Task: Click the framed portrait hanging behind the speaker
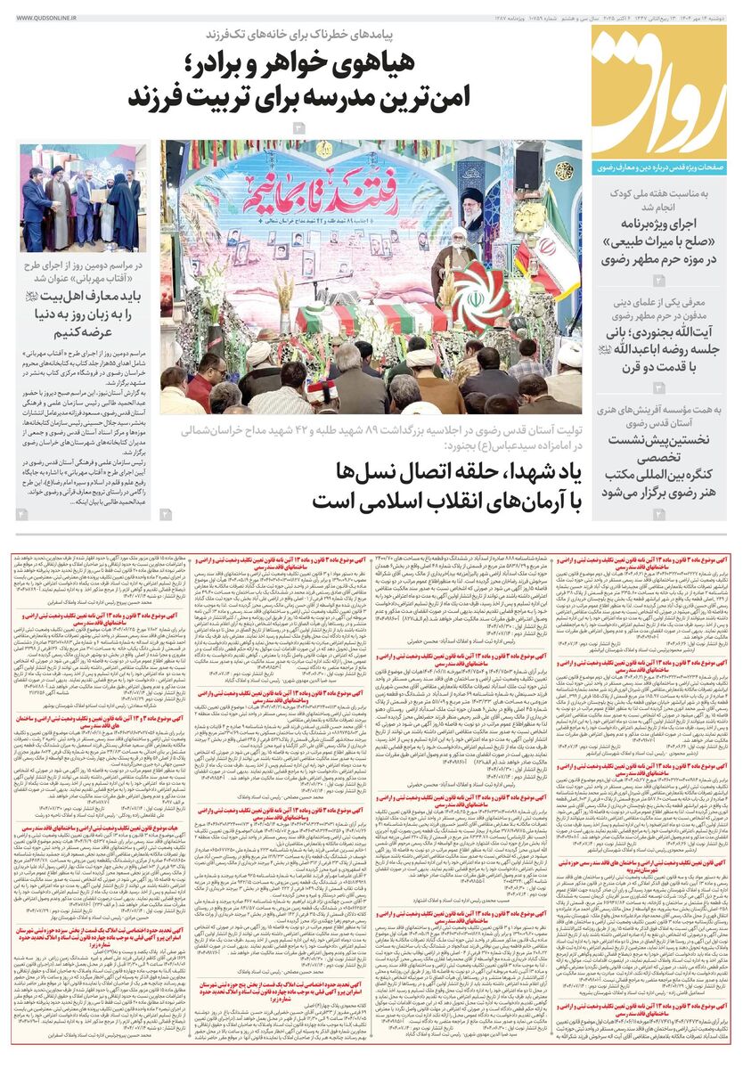(x=473, y=207)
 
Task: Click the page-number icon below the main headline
(x=299, y=129)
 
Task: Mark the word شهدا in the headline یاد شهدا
(x=504, y=471)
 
